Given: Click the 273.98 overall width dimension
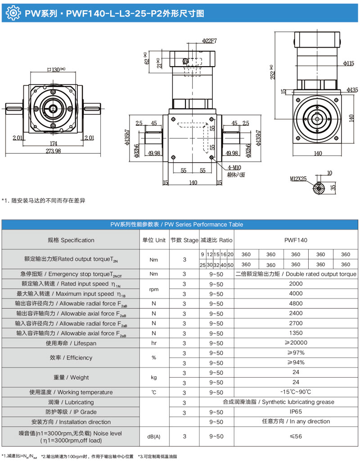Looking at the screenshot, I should tap(53, 151).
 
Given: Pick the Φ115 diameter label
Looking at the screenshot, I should tap(349, 63).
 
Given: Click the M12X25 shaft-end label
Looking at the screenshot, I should tap(298, 178).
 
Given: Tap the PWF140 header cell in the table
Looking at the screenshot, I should tap(296, 240).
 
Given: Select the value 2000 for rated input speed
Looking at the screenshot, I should tap(296, 284).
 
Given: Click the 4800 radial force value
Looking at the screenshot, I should tap(296, 303).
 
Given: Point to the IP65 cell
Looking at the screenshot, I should tap(296, 412).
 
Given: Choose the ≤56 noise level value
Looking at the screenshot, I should tap(296, 436).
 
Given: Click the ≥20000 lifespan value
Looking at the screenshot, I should tap(296, 343).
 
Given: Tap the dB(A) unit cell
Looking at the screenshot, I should tap(154, 436).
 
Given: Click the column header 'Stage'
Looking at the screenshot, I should tap(184, 240).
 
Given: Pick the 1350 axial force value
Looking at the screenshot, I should tap(296, 333).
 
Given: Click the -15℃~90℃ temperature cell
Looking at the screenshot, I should tap(296, 392).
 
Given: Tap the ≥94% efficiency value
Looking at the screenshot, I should tap(296, 363).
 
